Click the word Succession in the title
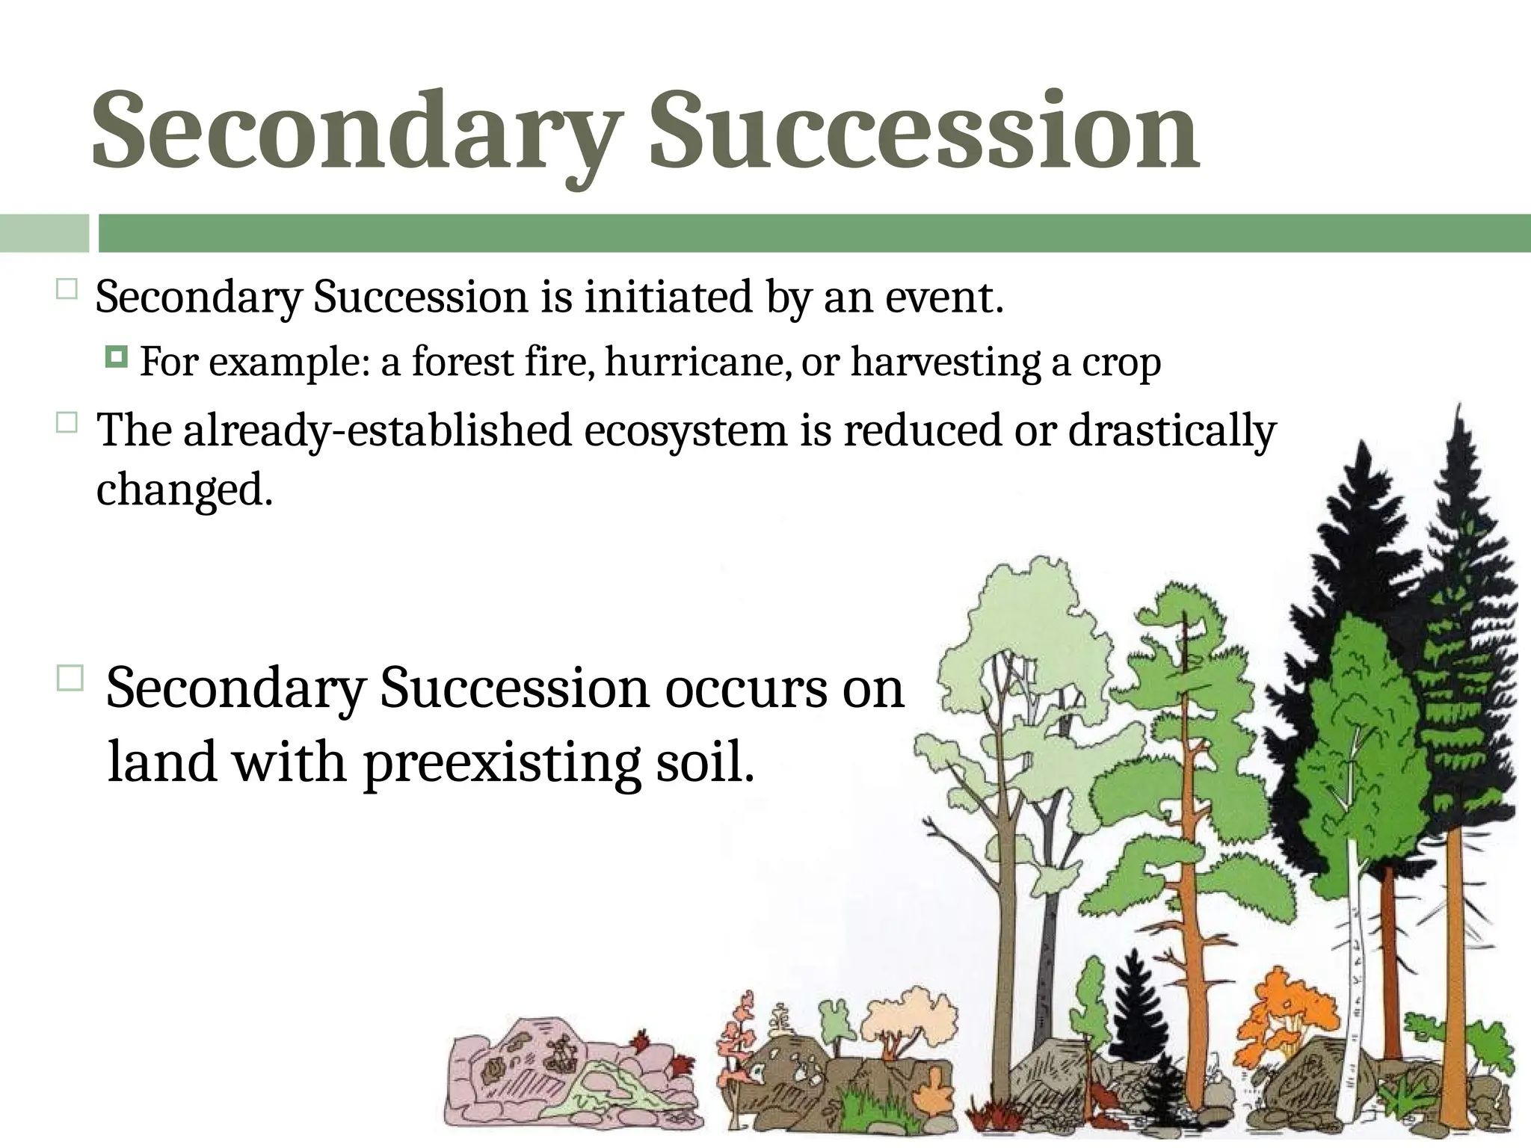click(924, 131)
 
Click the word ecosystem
click(686, 431)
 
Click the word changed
click(184, 490)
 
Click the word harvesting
click(945, 362)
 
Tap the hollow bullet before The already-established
click(67, 424)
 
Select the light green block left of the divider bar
click(44, 232)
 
